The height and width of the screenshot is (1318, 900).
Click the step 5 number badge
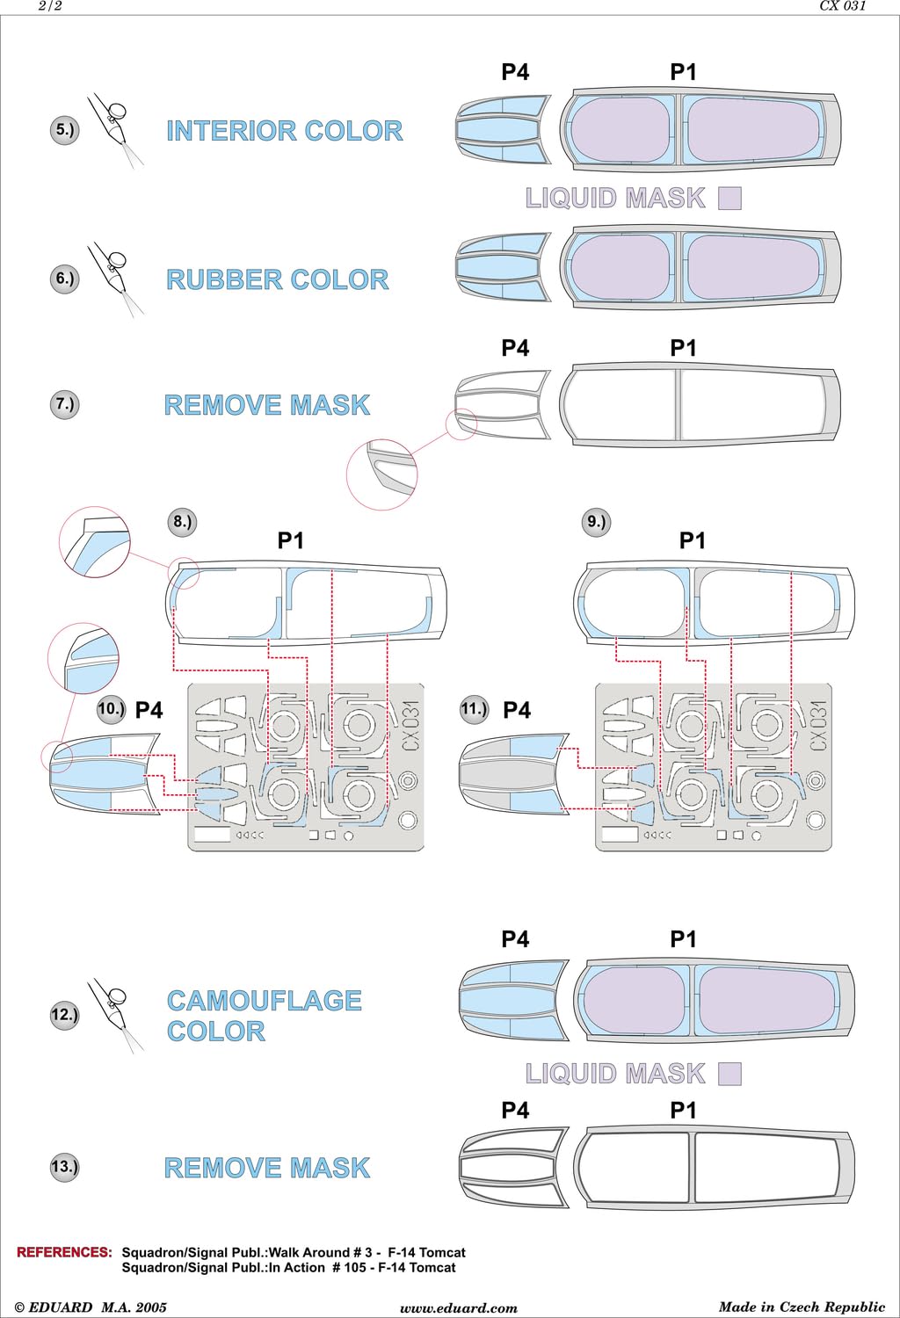64,129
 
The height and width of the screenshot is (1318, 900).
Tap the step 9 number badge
596,522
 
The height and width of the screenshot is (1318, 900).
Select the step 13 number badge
64,1166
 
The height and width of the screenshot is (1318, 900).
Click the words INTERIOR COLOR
285,131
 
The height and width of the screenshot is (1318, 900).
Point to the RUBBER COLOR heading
277,279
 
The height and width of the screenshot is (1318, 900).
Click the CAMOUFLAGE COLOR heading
265,1016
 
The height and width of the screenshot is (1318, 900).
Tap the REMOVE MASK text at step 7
267,405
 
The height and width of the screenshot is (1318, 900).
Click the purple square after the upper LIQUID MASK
729,199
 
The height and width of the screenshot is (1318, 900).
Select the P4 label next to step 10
149,710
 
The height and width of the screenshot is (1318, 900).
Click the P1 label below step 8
291,540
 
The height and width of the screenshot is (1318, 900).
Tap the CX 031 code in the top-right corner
843,6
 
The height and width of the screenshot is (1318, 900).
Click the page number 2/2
50,6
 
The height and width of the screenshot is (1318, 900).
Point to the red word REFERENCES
64,1251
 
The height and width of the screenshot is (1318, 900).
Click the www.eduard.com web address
459,1308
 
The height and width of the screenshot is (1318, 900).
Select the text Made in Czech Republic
802,1307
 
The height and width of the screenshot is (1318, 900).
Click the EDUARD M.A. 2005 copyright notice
91,1307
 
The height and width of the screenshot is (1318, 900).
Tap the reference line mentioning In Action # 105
289,1267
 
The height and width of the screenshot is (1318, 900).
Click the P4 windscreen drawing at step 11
514,774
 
